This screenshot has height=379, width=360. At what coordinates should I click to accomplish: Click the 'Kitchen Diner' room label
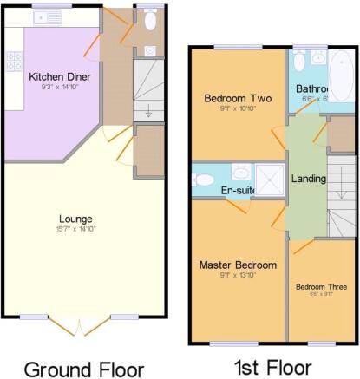59,76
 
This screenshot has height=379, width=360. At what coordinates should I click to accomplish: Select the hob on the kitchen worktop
14,61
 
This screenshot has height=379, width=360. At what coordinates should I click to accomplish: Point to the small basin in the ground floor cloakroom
149,49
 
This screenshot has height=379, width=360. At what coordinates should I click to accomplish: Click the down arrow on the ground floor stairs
147,110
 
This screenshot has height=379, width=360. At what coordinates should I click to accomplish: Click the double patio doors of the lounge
79,327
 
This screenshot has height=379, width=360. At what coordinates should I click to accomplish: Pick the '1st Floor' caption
272,368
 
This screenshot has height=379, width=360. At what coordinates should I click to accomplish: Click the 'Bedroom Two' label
236,99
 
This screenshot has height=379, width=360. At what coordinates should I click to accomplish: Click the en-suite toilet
201,180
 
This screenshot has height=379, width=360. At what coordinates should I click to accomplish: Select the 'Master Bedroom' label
238,265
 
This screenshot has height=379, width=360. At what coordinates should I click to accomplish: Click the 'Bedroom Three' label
320,287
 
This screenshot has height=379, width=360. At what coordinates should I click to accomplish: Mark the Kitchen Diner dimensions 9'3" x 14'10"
59,87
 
